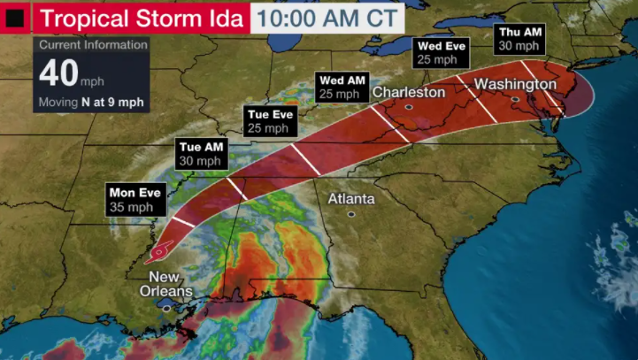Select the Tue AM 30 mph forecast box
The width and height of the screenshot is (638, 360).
tap(203, 153)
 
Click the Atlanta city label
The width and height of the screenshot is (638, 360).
tap(351, 199)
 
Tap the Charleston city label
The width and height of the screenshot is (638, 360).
tap(408, 92)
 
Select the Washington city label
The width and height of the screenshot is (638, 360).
tap(515, 84)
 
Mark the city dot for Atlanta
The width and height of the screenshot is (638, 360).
tap(351, 213)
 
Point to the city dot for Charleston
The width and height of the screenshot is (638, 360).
tap(409, 106)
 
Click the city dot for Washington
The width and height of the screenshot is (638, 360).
tap(515, 99)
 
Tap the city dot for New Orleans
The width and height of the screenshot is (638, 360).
tap(166, 309)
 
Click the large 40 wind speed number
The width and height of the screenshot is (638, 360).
tap(58, 73)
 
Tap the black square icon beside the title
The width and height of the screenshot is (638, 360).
tap(15, 17)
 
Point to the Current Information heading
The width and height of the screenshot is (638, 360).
tap(92, 44)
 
